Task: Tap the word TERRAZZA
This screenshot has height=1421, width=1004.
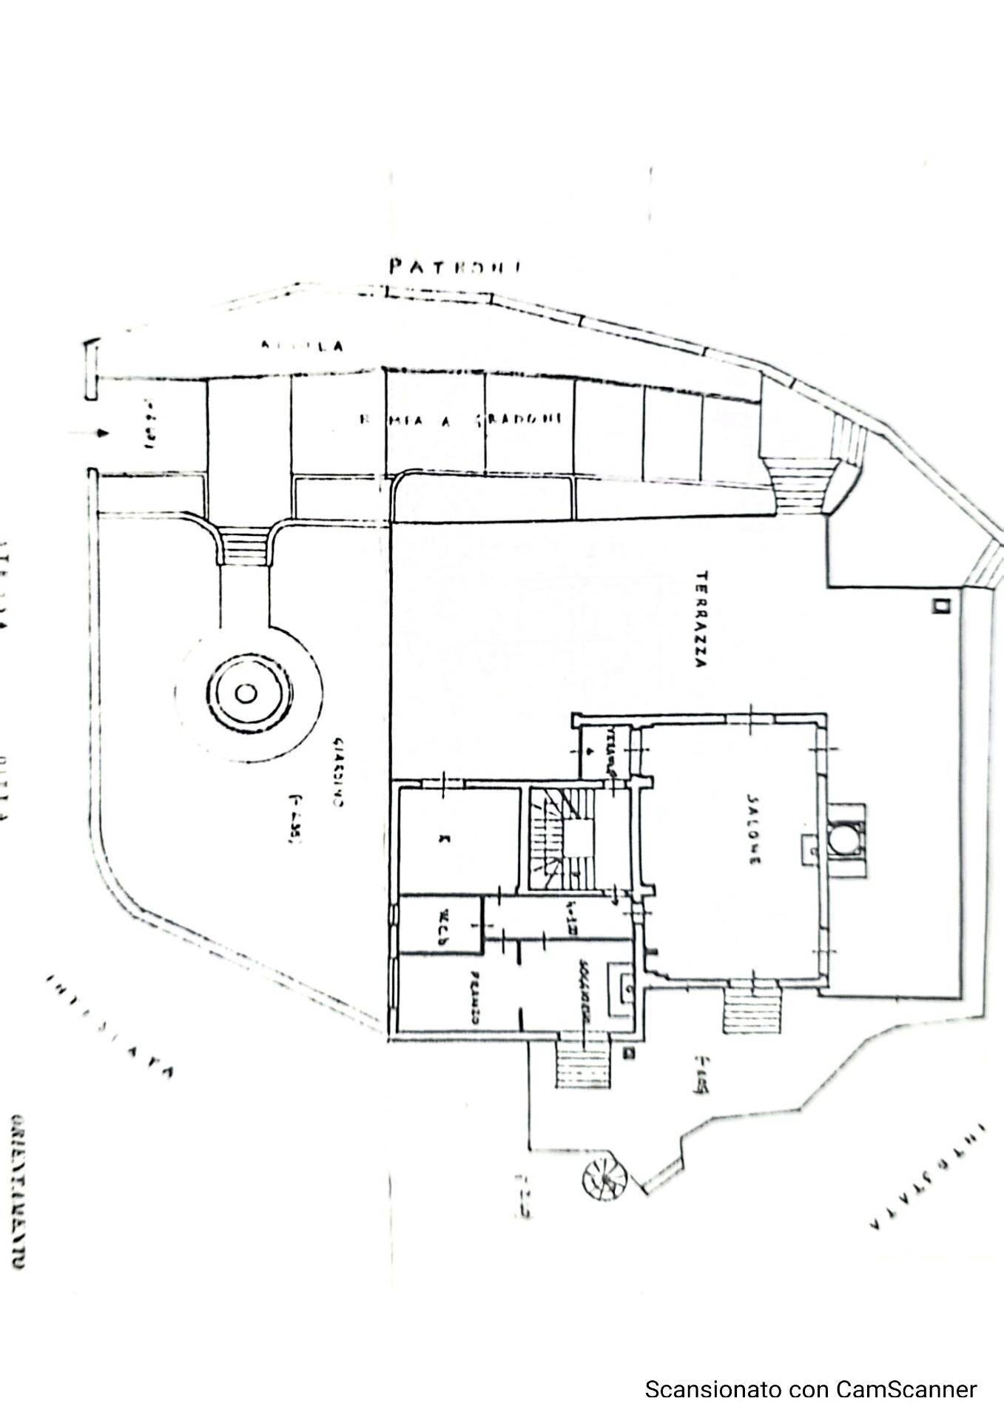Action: pyautogui.click(x=701, y=619)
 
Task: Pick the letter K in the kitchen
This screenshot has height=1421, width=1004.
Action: pyautogui.click(x=444, y=839)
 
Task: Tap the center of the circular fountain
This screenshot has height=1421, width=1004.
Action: pyautogui.click(x=246, y=693)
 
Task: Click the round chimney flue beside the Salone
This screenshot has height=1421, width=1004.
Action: pyautogui.click(x=840, y=840)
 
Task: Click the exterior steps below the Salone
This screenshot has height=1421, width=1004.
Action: pyautogui.click(x=752, y=1010)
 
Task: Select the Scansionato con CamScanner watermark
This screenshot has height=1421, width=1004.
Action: pyautogui.click(x=811, y=1389)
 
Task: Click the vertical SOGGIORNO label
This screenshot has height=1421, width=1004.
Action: pyautogui.click(x=584, y=992)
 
